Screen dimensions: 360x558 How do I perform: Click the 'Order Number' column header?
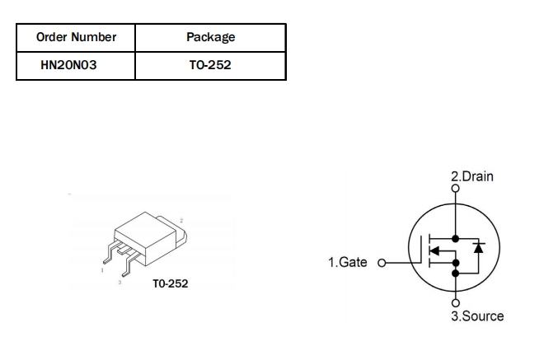coord(76,37)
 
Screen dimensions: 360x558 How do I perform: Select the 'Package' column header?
coord(211,37)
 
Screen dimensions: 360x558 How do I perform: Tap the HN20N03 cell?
coord(69,65)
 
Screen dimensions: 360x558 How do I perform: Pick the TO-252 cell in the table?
coord(210,65)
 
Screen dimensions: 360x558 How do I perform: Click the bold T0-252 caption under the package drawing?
coord(171,283)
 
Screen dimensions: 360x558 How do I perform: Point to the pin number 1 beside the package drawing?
coord(101,269)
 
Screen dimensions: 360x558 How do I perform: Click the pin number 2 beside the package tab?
coord(181,220)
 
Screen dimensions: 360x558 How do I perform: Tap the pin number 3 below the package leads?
coord(120,282)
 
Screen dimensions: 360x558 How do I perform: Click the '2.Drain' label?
coord(471,176)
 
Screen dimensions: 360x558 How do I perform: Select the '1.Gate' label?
coord(348,263)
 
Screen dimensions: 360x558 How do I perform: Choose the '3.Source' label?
coord(476,316)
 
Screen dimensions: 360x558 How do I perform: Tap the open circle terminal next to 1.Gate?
coord(381,264)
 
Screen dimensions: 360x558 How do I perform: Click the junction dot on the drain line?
coord(454,237)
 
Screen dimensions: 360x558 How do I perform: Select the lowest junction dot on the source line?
coord(454,274)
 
